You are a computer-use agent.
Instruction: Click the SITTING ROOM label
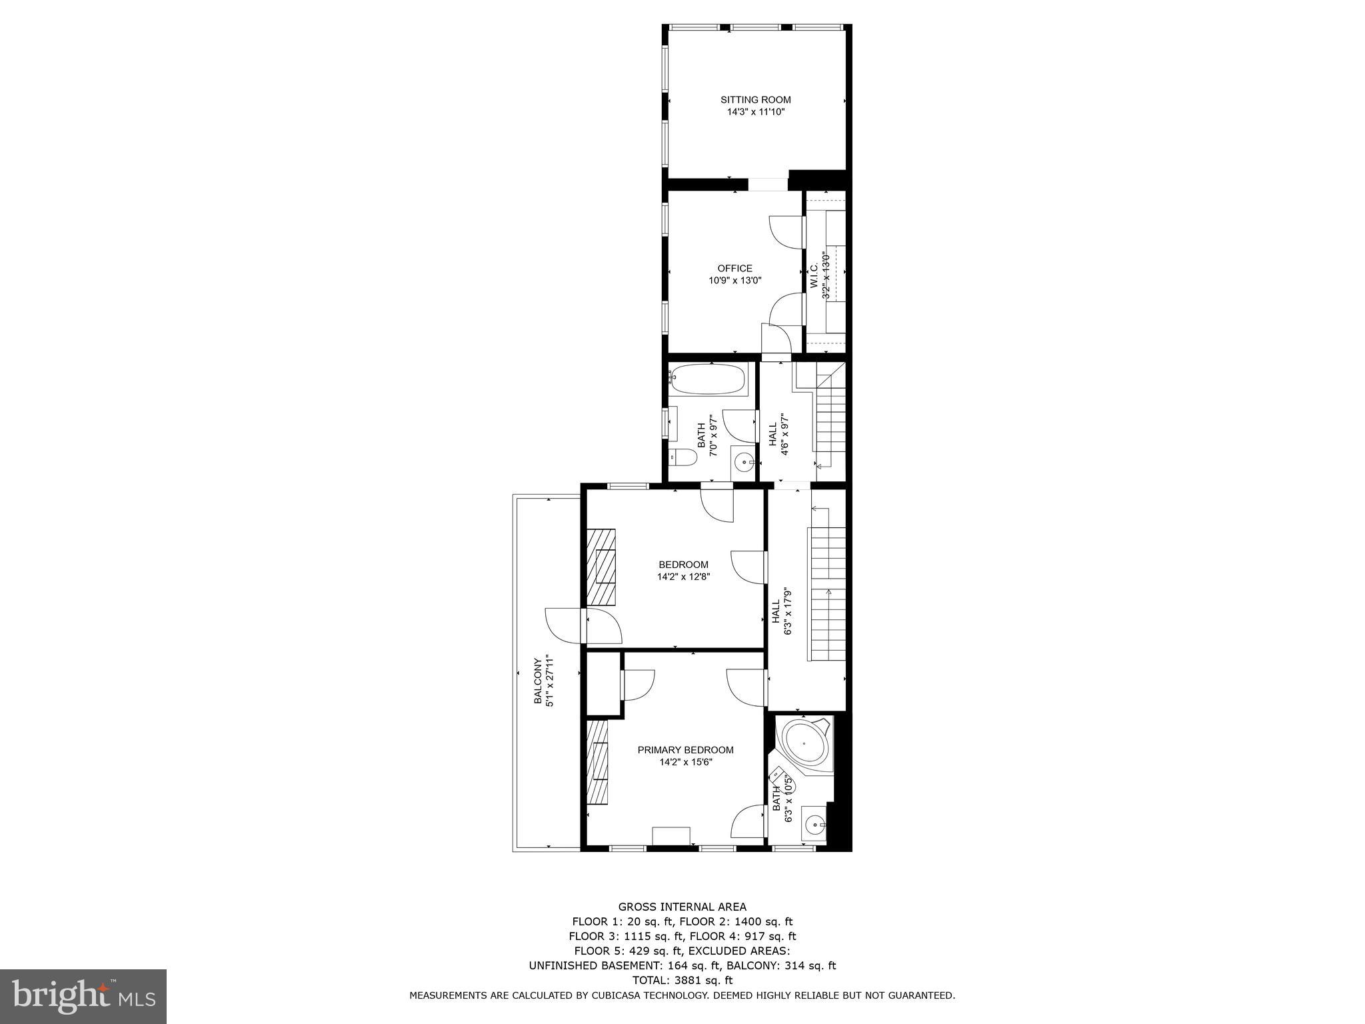[x=755, y=100]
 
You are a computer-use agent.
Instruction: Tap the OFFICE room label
[x=734, y=269]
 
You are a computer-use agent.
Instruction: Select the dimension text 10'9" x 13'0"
[x=734, y=281]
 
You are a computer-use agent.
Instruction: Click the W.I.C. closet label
[x=814, y=276]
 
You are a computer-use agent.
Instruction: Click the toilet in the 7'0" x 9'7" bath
[x=683, y=457]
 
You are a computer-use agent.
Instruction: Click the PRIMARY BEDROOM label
[x=685, y=750]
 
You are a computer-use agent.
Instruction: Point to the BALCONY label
[x=537, y=681]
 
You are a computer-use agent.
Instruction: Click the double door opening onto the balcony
[x=583, y=625]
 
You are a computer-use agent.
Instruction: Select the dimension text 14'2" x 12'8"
[x=683, y=577]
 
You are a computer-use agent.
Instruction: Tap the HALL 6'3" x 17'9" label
[x=781, y=611]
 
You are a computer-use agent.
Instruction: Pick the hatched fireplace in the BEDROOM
[x=601, y=567]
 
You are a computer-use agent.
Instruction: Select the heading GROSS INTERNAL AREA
[x=682, y=907]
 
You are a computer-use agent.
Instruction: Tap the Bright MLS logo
[x=83, y=996]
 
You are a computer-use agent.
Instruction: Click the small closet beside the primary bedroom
[x=603, y=685]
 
